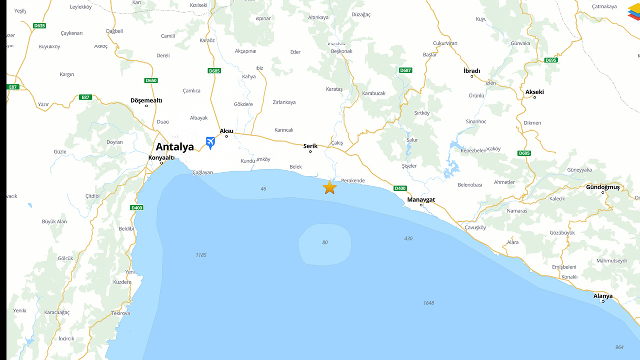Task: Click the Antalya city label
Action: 175,147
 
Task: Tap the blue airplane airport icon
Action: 210,142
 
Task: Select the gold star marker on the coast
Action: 330,188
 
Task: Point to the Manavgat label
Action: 421,200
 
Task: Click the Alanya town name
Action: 603,296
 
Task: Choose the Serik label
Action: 310,146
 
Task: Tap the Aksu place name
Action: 227,131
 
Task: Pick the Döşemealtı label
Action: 146,100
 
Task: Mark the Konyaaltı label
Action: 162,158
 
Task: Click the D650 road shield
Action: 151,80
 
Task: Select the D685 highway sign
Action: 214,71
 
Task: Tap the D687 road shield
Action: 406,70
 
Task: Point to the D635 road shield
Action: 39,25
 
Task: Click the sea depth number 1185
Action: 201,255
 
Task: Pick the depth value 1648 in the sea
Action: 428,303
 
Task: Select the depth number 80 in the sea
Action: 325,243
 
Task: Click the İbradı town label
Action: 472,71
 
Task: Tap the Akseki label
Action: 534,92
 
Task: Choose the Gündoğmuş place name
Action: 603,187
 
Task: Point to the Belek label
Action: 296,167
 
